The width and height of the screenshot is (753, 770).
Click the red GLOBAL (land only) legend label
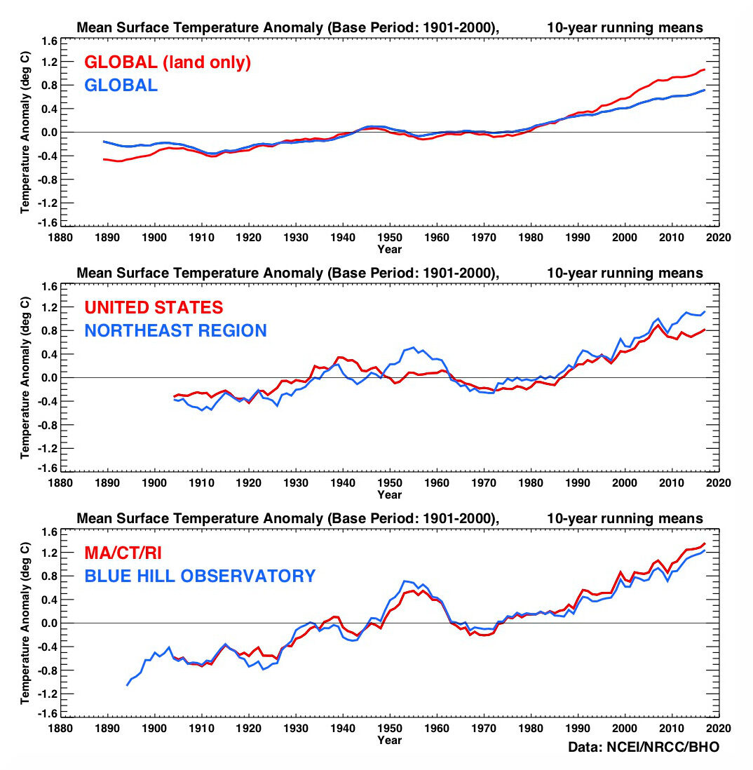coord(167,62)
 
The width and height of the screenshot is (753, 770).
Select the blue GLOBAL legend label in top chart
coord(121,86)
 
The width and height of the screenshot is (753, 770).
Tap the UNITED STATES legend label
coord(154,307)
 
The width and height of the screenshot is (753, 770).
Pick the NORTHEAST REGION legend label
coord(175,330)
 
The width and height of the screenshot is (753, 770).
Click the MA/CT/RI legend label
coord(123,553)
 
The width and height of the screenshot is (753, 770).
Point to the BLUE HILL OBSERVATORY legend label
coord(199,576)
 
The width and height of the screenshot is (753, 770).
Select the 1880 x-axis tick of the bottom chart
coord(60,729)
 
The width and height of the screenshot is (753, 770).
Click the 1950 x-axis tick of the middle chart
coord(390,483)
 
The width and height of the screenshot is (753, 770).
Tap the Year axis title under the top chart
coord(390,248)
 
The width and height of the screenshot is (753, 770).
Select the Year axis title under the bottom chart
coord(390,739)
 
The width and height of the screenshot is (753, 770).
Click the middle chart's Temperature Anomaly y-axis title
coord(25,377)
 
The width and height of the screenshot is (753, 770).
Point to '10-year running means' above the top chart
coord(625,28)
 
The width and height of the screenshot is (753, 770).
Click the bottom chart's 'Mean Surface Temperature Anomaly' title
coord(287,519)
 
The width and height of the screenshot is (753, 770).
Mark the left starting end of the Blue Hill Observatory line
coord(127,685)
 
